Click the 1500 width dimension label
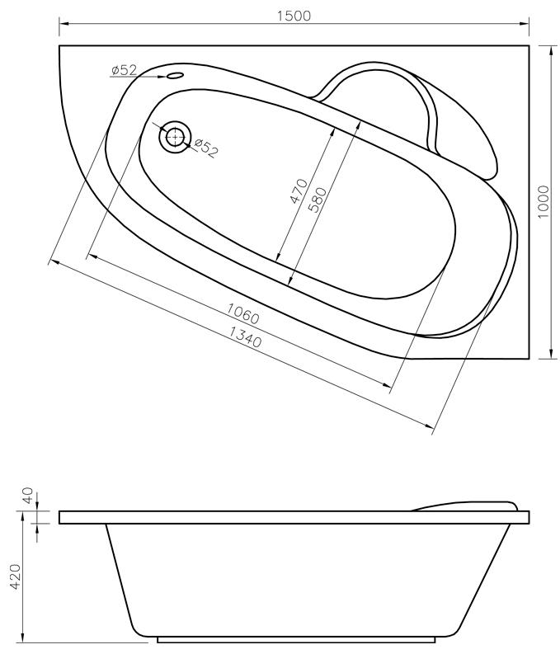click(x=294, y=16)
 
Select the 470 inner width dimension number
click(x=299, y=191)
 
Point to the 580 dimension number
click(x=318, y=200)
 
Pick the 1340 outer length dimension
click(x=245, y=337)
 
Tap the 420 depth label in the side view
click(x=16, y=576)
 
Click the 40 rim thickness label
click(x=27, y=496)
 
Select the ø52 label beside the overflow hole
click(x=124, y=70)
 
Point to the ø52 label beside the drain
click(x=206, y=148)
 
